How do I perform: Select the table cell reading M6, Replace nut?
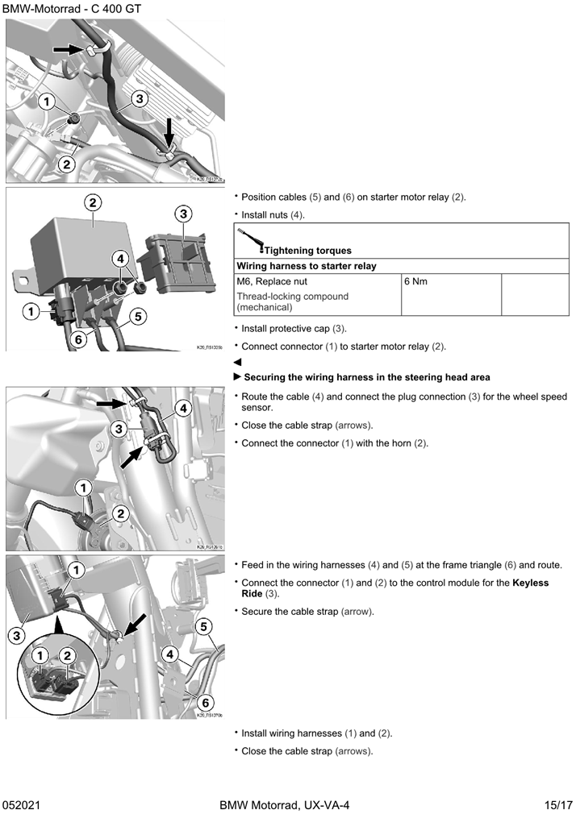[273, 282]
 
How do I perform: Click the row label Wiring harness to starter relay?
[307, 266]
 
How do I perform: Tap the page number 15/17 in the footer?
[557, 805]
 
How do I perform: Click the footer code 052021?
[22, 805]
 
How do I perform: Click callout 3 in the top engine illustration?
[139, 99]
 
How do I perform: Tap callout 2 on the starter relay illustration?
[94, 202]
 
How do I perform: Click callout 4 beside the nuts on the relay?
[120, 259]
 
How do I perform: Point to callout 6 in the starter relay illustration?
[78, 339]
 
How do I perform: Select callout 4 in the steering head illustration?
[183, 408]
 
